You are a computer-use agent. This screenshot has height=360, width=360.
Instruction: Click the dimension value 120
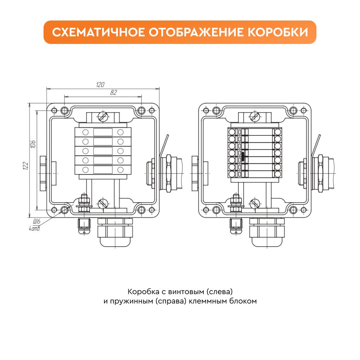point(100,85)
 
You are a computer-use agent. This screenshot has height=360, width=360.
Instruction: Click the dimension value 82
point(114,93)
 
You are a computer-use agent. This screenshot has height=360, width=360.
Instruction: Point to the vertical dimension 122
point(26,166)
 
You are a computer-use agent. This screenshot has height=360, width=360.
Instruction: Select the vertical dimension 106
point(33,144)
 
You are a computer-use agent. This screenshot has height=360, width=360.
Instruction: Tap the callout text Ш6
point(37,221)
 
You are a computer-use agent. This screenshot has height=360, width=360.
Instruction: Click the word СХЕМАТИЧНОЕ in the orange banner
point(99,32)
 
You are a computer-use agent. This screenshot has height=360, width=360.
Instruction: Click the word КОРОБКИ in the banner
point(278,32)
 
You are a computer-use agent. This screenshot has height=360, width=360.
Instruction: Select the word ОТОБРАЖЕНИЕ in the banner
point(196,32)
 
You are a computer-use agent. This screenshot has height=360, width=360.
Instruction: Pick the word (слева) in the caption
point(220,292)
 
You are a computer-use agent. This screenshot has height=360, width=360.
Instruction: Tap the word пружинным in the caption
point(131,301)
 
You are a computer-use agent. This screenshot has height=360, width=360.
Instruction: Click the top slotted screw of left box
point(103,116)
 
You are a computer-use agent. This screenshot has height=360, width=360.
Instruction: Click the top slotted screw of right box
point(255,116)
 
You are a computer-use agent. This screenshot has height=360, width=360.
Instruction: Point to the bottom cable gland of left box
point(115,232)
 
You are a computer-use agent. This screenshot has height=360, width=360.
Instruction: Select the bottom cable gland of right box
point(267,232)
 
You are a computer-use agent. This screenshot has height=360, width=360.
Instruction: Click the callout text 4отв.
point(35,229)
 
